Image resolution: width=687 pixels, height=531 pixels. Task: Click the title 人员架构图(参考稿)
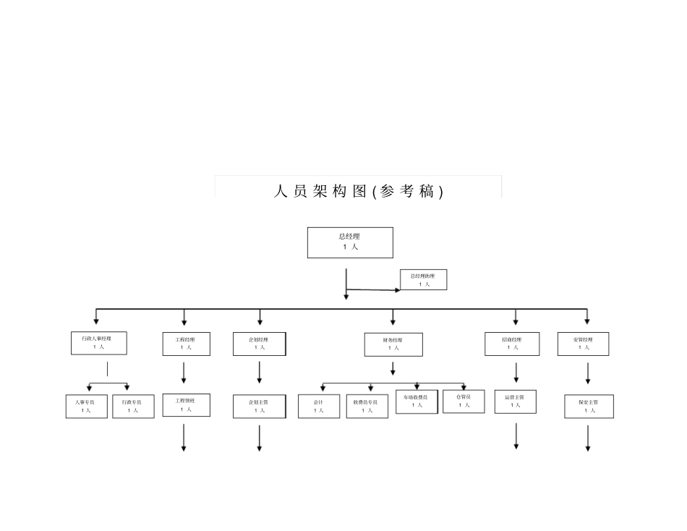[x=358, y=191]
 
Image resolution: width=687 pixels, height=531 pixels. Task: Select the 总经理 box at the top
[x=350, y=242]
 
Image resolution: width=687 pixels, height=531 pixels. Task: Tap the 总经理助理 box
[x=424, y=280]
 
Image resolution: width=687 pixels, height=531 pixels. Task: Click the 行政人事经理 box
[x=98, y=343]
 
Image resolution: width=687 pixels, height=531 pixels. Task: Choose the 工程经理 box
[x=187, y=344]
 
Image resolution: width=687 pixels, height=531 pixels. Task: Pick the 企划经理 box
[x=259, y=344]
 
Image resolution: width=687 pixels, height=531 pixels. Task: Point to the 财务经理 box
[x=393, y=344]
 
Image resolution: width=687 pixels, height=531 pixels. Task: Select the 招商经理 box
[x=512, y=344]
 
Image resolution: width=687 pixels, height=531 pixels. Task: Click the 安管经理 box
[x=583, y=344]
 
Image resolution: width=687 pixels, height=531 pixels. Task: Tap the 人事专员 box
[x=86, y=406]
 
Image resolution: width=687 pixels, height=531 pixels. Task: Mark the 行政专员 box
[x=133, y=406]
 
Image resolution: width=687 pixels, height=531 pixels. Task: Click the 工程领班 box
[x=187, y=405]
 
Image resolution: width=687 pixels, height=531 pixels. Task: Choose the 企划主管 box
[x=259, y=406]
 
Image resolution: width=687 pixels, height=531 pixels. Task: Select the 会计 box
[x=319, y=406]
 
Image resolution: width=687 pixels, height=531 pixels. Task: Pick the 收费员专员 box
[x=367, y=406]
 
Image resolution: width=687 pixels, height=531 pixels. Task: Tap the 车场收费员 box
[x=417, y=402]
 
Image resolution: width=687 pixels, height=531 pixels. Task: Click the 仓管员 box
[x=464, y=401]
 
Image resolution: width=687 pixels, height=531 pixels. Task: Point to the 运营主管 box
[x=516, y=402]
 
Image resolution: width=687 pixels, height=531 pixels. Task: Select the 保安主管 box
[x=589, y=406]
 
